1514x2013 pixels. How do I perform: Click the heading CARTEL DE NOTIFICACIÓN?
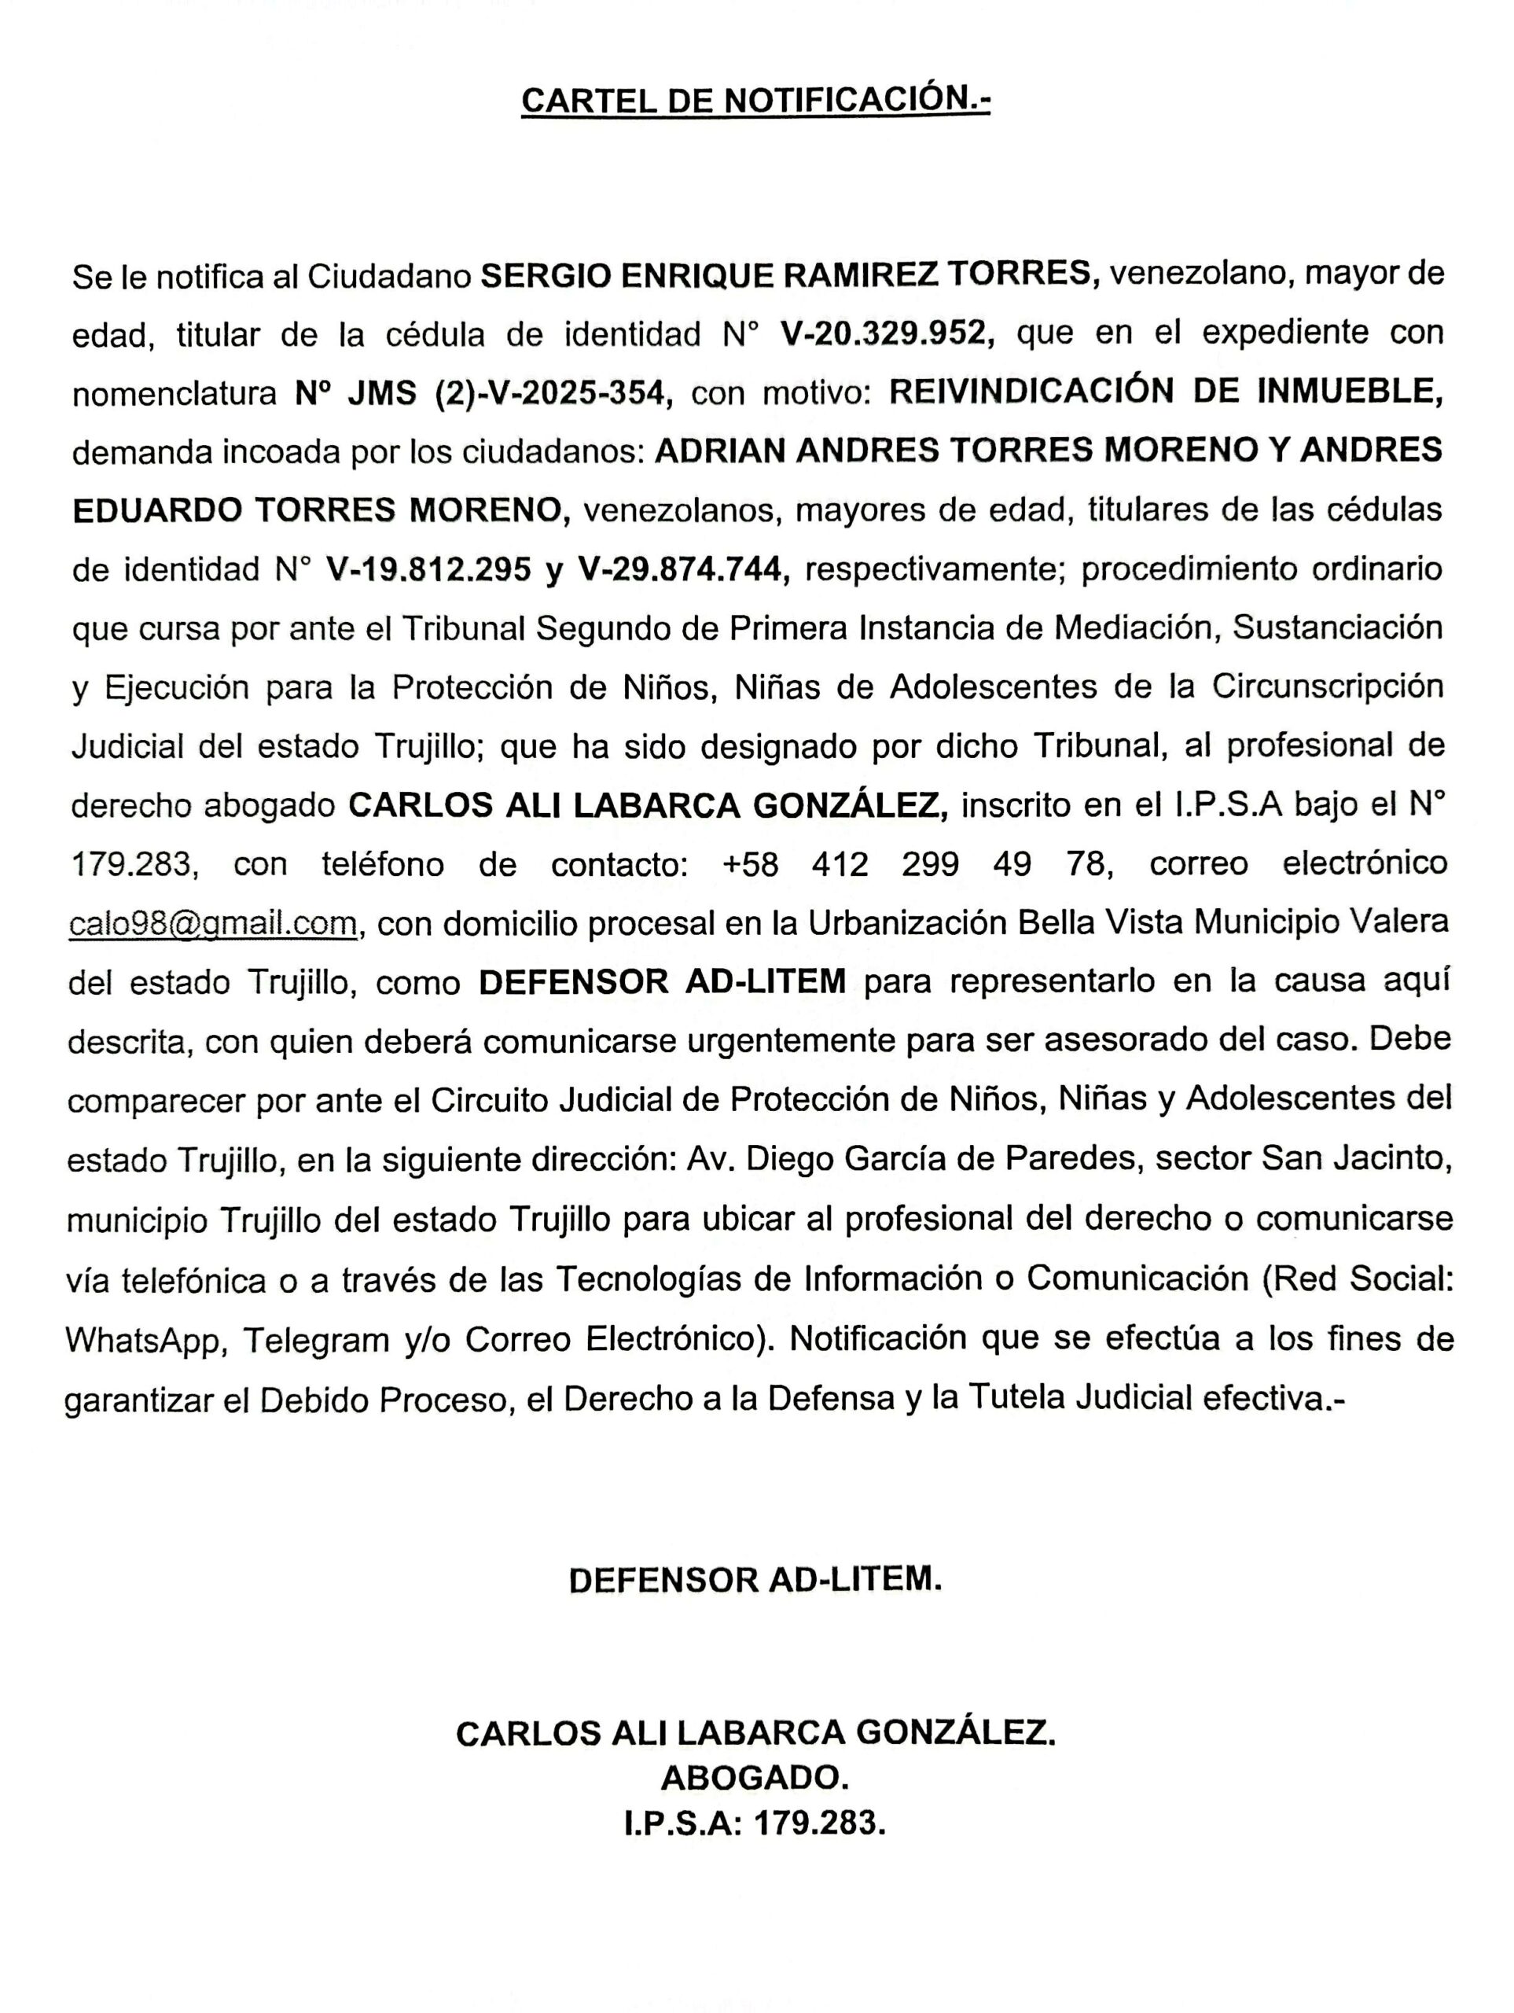point(755,100)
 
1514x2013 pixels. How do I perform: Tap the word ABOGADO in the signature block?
point(755,1776)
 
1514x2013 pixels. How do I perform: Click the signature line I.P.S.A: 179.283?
point(755,1823)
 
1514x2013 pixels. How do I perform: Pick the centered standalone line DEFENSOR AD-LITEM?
point(755,1580)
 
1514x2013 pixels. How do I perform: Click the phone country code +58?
point(750,863)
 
